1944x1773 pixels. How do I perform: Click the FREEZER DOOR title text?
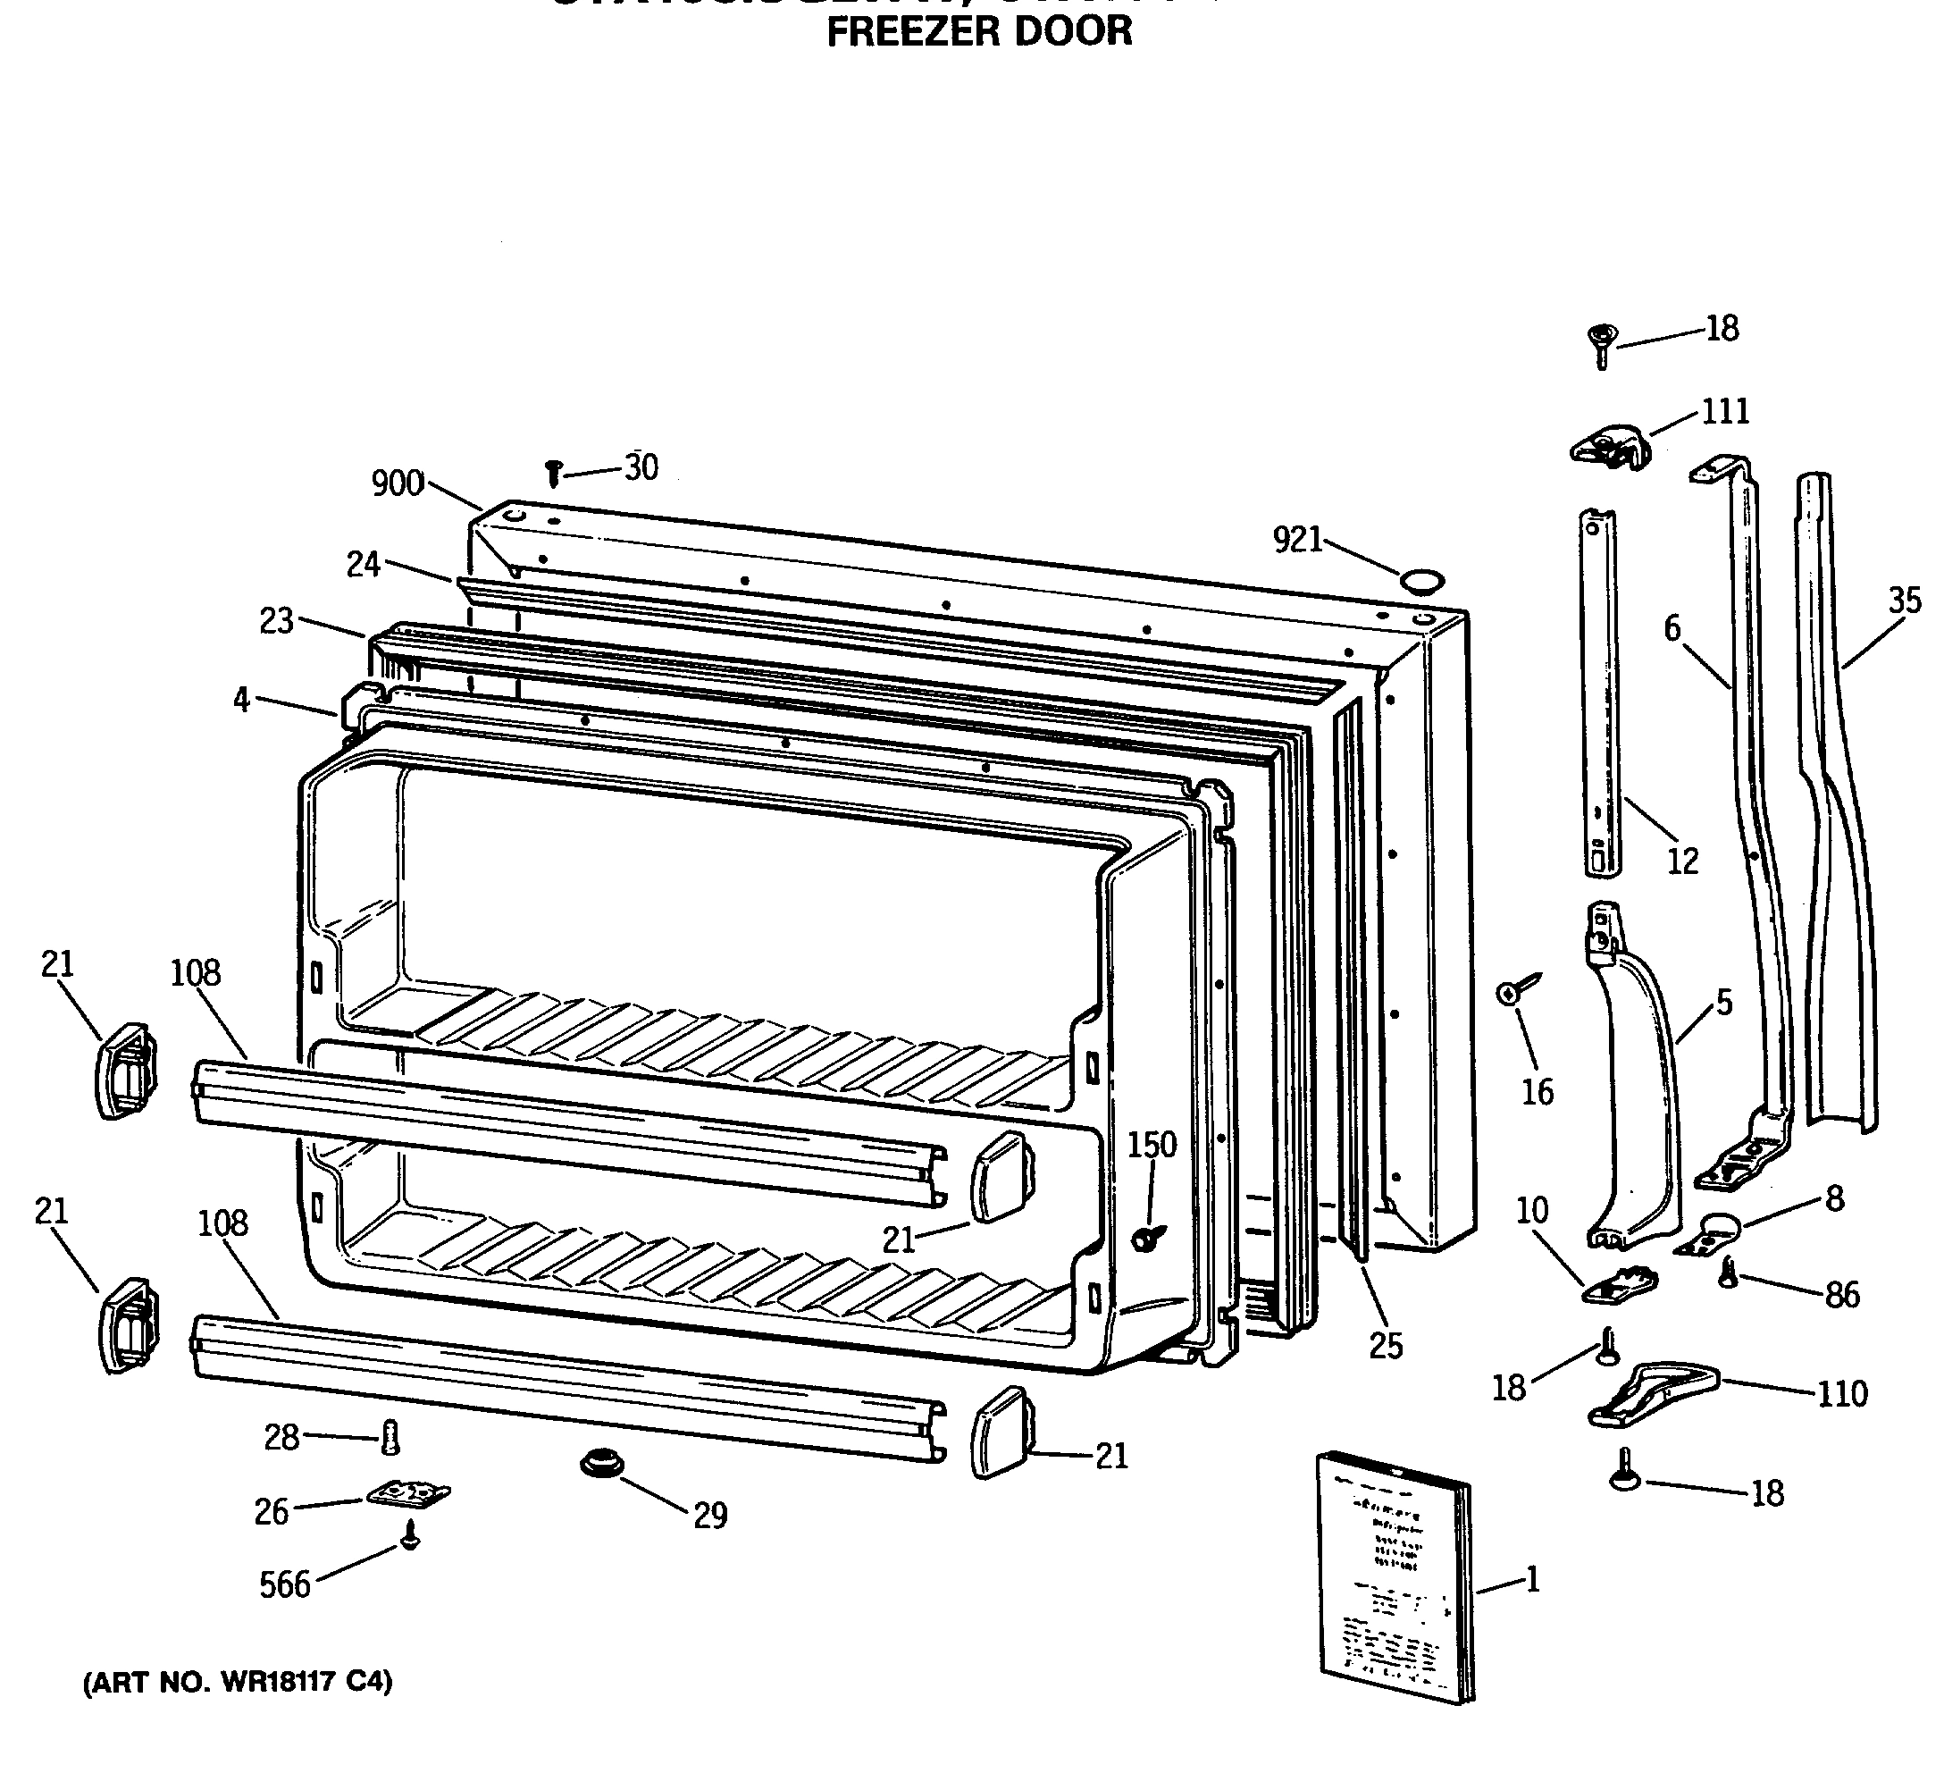point(979,31)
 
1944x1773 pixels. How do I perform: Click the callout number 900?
point(398,483)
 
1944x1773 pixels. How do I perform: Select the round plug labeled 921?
point(1421,581)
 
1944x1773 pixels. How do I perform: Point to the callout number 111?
point(1724,412)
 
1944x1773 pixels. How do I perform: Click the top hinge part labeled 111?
point(1609,450)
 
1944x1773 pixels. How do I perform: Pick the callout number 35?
point(1905,601)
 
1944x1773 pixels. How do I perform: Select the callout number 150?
point(1152,1145)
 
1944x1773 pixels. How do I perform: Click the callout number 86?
point(1841,1295)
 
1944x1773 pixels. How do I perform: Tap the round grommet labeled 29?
point(602,1465)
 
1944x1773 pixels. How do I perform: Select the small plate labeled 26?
point(409,1494)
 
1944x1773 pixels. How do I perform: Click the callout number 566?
point(284,1585)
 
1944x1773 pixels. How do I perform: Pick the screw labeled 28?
point(390,1437)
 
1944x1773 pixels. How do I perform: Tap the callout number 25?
point(1386,1347)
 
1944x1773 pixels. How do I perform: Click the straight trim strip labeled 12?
point(1600,694)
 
